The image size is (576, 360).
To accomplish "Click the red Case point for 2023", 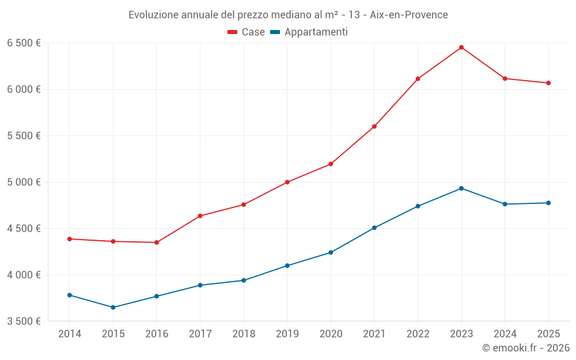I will [x=461, y=47].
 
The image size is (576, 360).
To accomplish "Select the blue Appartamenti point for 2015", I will [x=113, y=308].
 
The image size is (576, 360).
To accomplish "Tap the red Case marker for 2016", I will [x=157, y=242].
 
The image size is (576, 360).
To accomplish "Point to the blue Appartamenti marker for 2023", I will [x=461, y=188].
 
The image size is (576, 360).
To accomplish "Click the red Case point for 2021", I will [x=374, y=127].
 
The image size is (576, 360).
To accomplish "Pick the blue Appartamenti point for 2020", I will [x=331, y=252].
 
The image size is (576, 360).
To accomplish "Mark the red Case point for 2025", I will [x=548, y=83].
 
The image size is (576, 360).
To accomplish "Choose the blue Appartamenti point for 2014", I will [x=70, y=295].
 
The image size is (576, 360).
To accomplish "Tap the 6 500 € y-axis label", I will [x=24, y=43].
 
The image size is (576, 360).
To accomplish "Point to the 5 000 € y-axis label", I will [x=24, y=182].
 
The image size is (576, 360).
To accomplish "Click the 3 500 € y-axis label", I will [x=24, y=321].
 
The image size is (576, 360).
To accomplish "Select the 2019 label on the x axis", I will [x=287, y=334].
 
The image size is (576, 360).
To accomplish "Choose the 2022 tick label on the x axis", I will [x=418, y=334].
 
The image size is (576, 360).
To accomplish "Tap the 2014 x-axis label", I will [x=70, y=334].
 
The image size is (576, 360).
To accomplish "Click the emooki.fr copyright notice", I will [x=525, y=348].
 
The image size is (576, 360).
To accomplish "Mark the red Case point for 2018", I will [x=244, y=204].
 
